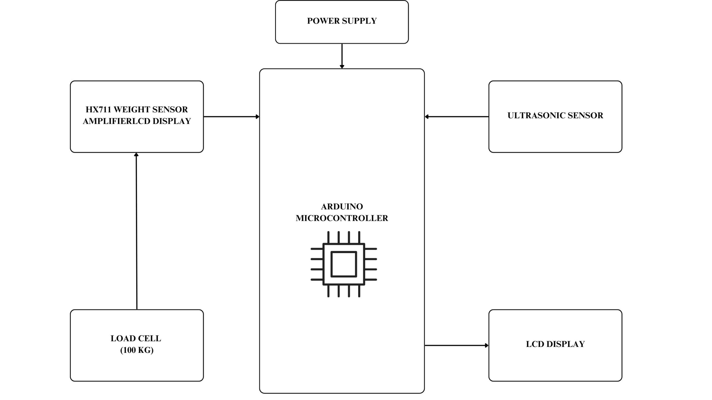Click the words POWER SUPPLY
(342, 21)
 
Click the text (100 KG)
(137, 350)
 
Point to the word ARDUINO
(342, 207)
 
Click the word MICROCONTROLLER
(342, 218)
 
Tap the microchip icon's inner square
(344, 264)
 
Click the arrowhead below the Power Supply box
(342, 66)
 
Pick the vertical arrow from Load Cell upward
(136, 231)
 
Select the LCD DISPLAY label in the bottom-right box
(555, 344)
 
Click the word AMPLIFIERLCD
(117, 121)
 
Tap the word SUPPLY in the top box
(359, 21)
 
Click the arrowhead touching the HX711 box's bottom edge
(136, 154)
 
